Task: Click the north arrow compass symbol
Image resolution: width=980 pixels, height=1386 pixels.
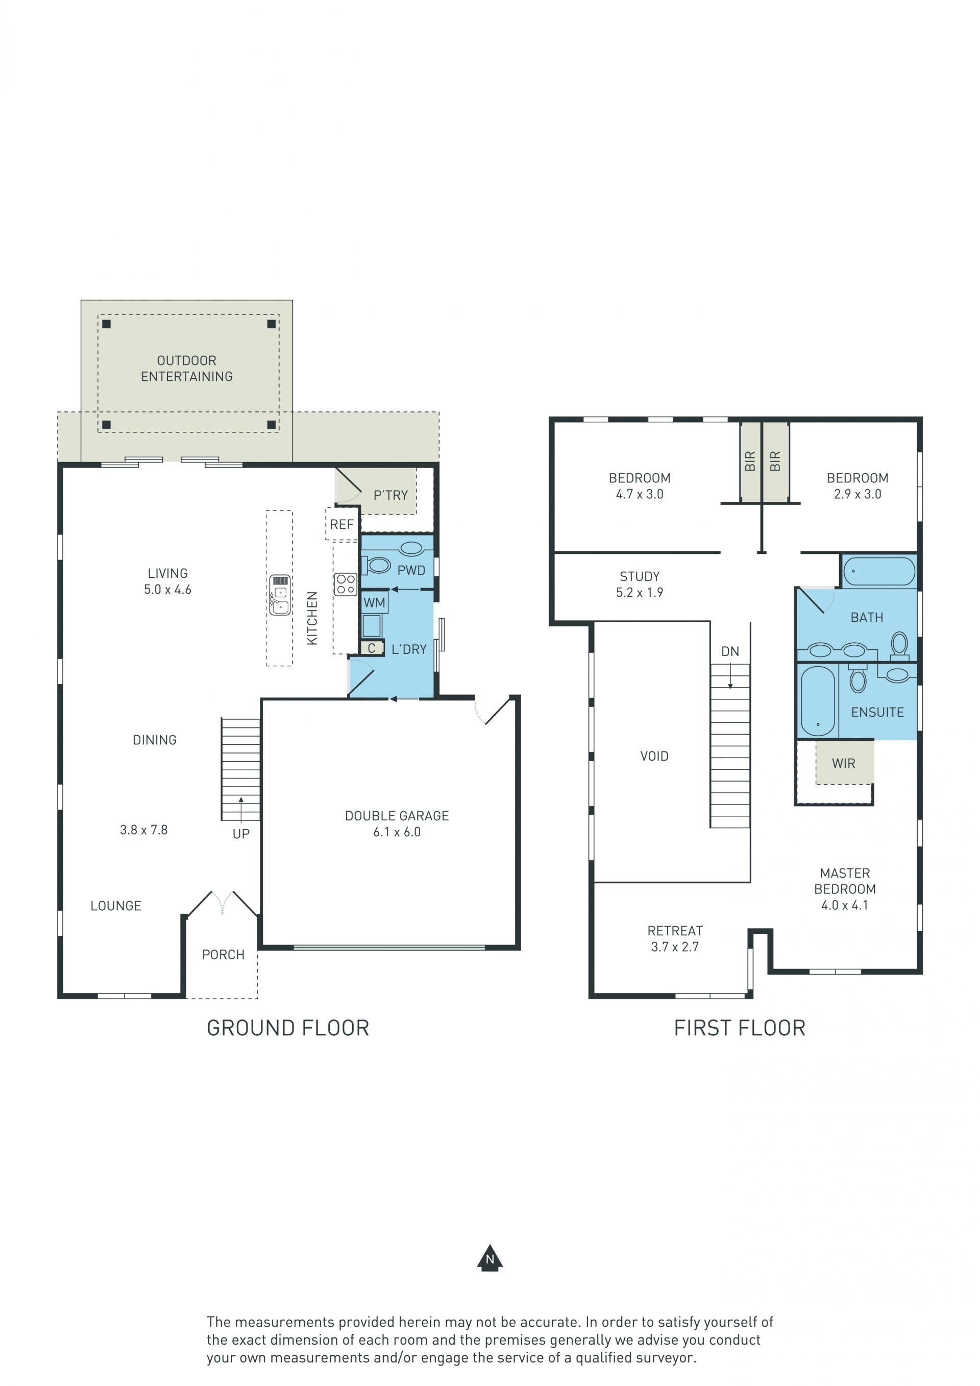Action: (x=489, y=1257)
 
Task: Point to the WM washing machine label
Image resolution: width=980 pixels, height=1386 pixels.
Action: (x=374, y=602)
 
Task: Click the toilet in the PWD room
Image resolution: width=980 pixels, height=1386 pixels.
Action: (x=376, y=565)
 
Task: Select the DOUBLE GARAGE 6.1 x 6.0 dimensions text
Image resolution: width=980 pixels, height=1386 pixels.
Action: (x=397, y=832)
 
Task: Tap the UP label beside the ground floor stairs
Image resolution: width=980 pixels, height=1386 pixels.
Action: (x=241, y=834)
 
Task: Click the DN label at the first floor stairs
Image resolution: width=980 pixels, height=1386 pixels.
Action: (x=730, y=651)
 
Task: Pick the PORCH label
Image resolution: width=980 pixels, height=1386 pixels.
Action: (x=223, y=955)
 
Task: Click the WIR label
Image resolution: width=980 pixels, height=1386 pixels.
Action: (x=844, y=763)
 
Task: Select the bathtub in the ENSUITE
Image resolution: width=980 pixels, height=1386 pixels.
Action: (x=818, y=701)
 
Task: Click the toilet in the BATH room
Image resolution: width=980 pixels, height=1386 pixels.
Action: (x=899, y=646)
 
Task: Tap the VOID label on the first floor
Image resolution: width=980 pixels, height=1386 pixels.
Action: (x=654, y=756)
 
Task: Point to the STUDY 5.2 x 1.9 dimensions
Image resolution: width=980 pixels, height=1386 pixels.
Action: (x=640, y=593)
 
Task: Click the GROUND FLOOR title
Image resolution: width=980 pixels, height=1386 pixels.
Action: (x=288, y=1028)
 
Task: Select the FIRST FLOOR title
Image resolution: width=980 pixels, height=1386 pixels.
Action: (x=740, y=1028)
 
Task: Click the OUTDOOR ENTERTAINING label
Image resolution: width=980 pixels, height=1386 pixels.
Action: (x=187, y=368)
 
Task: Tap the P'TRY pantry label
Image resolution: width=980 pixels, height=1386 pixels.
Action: (x=390, y=495)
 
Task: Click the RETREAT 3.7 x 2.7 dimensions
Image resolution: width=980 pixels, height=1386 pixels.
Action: (x=675, y=947)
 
